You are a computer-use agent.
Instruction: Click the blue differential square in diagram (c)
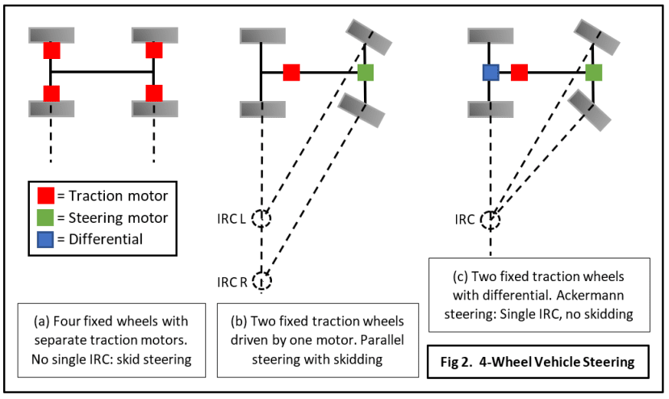coord(491,73)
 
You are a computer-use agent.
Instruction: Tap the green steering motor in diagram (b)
coord(366,73)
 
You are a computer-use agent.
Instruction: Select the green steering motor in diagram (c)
coord(593,73)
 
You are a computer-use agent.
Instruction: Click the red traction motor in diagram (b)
coord(291,73)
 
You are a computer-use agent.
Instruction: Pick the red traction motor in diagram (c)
coord(519,73)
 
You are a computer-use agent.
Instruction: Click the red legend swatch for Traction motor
coord(46,195)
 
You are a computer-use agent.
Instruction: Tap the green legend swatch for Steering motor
coord(46,217)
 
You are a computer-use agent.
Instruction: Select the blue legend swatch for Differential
coord(46,239)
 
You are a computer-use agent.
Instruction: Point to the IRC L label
coord(232,219)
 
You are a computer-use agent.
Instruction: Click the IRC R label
coord(232,283)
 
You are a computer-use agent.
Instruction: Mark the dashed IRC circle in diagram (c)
coord(490,220)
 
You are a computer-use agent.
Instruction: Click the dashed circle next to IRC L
coord(261,218)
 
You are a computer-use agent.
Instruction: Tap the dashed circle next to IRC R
coord(261,281)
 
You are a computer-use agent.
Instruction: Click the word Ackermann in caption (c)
coord(590,295)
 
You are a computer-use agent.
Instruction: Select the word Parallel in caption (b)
coord(382,340)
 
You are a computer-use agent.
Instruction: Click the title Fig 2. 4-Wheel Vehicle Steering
coord(537,363)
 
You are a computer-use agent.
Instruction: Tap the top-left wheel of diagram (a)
coord(52,36)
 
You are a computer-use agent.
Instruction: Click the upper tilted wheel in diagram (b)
coord(369,37)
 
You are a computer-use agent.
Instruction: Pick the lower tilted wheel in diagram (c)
coord(589,110)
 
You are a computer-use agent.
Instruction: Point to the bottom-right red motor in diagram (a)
coord(154,93)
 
